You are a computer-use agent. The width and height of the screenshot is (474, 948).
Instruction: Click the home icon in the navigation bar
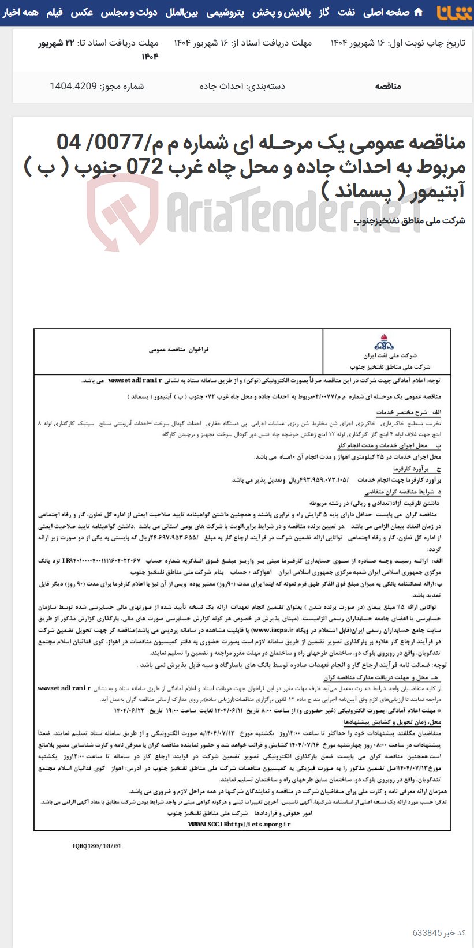419,12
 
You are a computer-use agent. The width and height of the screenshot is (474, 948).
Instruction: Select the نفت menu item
346,12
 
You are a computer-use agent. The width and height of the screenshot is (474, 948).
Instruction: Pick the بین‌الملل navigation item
182,12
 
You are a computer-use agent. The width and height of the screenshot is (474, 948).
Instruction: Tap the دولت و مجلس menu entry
129,12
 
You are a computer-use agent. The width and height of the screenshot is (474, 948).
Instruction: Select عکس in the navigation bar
82,12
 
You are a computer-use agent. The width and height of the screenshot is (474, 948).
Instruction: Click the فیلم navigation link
55,12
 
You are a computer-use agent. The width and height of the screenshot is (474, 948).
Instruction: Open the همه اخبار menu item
20,12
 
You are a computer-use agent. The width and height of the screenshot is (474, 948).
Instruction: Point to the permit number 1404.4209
73,87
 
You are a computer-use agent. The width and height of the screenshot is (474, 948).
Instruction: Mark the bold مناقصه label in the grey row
388,87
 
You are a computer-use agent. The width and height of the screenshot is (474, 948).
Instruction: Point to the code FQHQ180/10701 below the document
97,846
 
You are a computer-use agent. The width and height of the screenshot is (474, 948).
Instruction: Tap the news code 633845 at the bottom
427,932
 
